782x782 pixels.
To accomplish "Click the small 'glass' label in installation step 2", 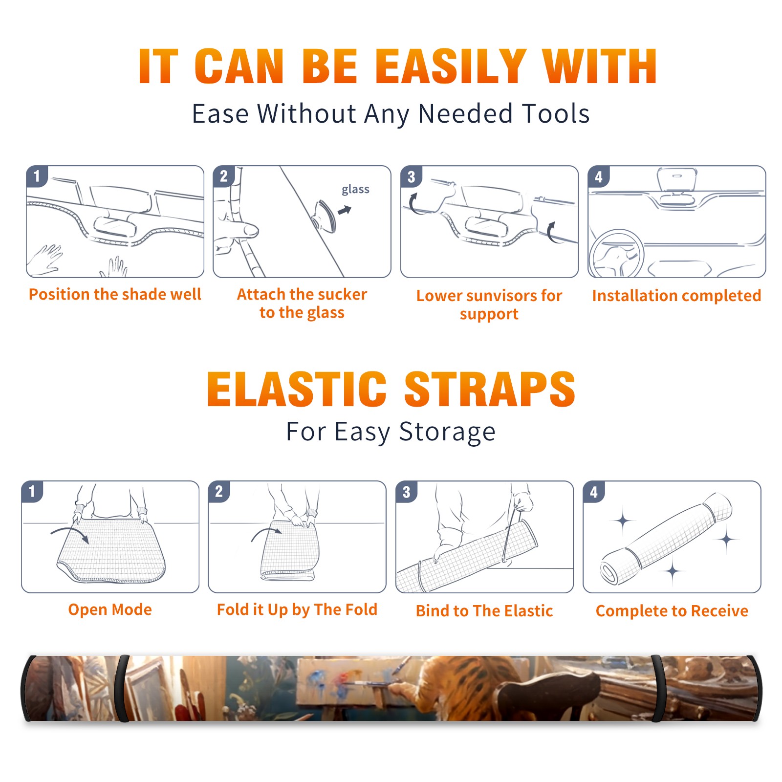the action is click(x=355, y=189).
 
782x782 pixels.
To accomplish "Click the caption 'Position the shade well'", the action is click(x=115, y=294).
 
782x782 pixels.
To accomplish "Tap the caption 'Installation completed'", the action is click(x=676, y=296).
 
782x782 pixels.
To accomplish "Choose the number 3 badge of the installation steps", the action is click(x=411, y=176).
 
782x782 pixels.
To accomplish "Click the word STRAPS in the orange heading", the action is click(x=490, y=389).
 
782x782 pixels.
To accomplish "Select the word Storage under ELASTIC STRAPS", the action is click(x=447, y=432).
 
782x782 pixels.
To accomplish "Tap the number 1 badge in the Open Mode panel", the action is click(x=32, y=491).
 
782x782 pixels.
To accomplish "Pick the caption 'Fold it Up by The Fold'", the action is click(x=297, y=609).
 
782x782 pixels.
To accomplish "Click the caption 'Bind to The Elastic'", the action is click(x=484, y=611).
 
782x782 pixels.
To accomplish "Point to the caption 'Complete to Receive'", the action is click(x=672, y=611).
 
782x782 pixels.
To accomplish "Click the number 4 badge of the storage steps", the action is click(x=594, y=492).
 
